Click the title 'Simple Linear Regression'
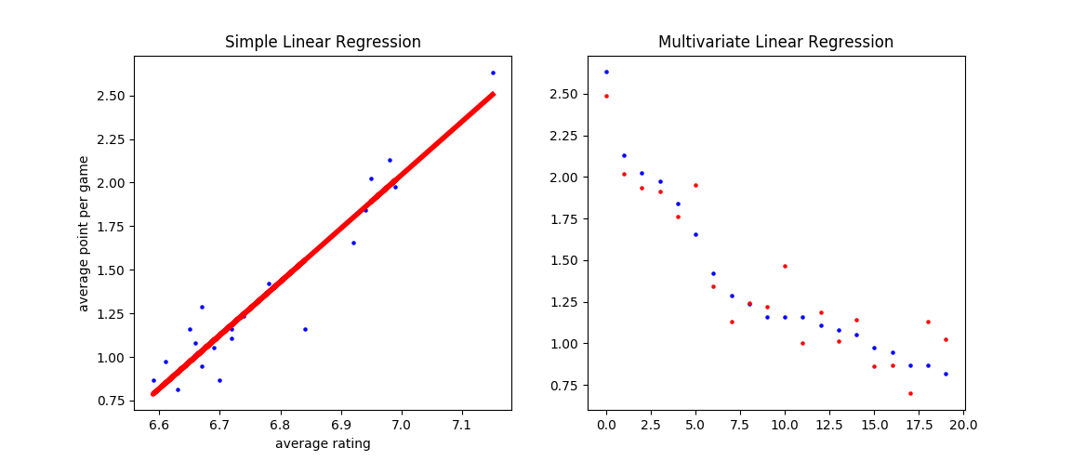click(x=323, y=42)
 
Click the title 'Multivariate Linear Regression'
click(x=775, y=42)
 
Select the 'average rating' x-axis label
click(x=323, y=443)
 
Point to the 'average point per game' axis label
click(x=84, y=233)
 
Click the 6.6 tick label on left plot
click(x=158, y=424)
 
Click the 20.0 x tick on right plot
click(x=963, y=424)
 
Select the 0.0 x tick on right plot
click(x=606, y=424)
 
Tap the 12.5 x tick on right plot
click(x=829, y=424)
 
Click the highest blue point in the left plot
click(x=493, y=72)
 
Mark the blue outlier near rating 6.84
click(x=305, y=329)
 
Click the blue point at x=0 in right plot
click(x=606, y=72)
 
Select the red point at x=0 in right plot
click(x=606, y=96)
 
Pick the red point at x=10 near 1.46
click(x=785, y=266)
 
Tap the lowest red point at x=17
click(x=910, y=393)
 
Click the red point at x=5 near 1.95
click(x=695, y=185)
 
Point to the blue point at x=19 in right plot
click(x=946, y=374)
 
